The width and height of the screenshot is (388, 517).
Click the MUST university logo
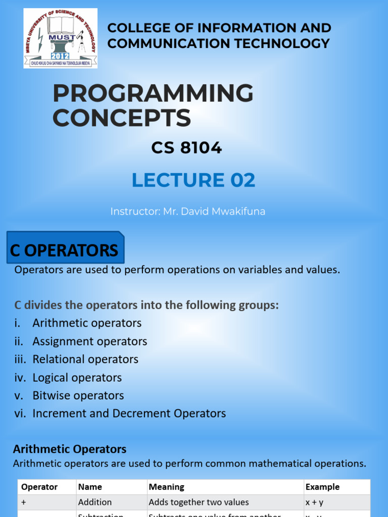click(x=60, y=38)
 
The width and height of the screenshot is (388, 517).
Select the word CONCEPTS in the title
click(x=121, y=118)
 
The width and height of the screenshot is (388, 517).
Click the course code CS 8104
click(x=186, y=148)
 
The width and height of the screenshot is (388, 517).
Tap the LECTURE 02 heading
click(x=193, y=180)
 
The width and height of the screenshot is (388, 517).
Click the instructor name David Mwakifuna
click(x=214, y=212)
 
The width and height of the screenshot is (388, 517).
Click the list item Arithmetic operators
click(x=87, y=323)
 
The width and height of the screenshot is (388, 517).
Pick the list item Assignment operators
click(x=89, y=341)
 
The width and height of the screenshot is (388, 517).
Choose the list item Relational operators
click(x=85, y=359)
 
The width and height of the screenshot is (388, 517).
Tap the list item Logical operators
click(x=77, y=378)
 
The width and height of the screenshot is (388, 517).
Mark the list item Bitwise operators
click(x=78, y=395)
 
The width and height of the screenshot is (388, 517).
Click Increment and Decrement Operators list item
click(x=129, y=413)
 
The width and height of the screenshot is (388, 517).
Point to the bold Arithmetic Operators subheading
click(x=70, y=449)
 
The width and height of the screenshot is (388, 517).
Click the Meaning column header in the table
click(x=166, y=487)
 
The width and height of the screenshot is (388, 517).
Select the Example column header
click(x=322, y=487)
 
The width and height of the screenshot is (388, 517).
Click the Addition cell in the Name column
click(x=95, y=502)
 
